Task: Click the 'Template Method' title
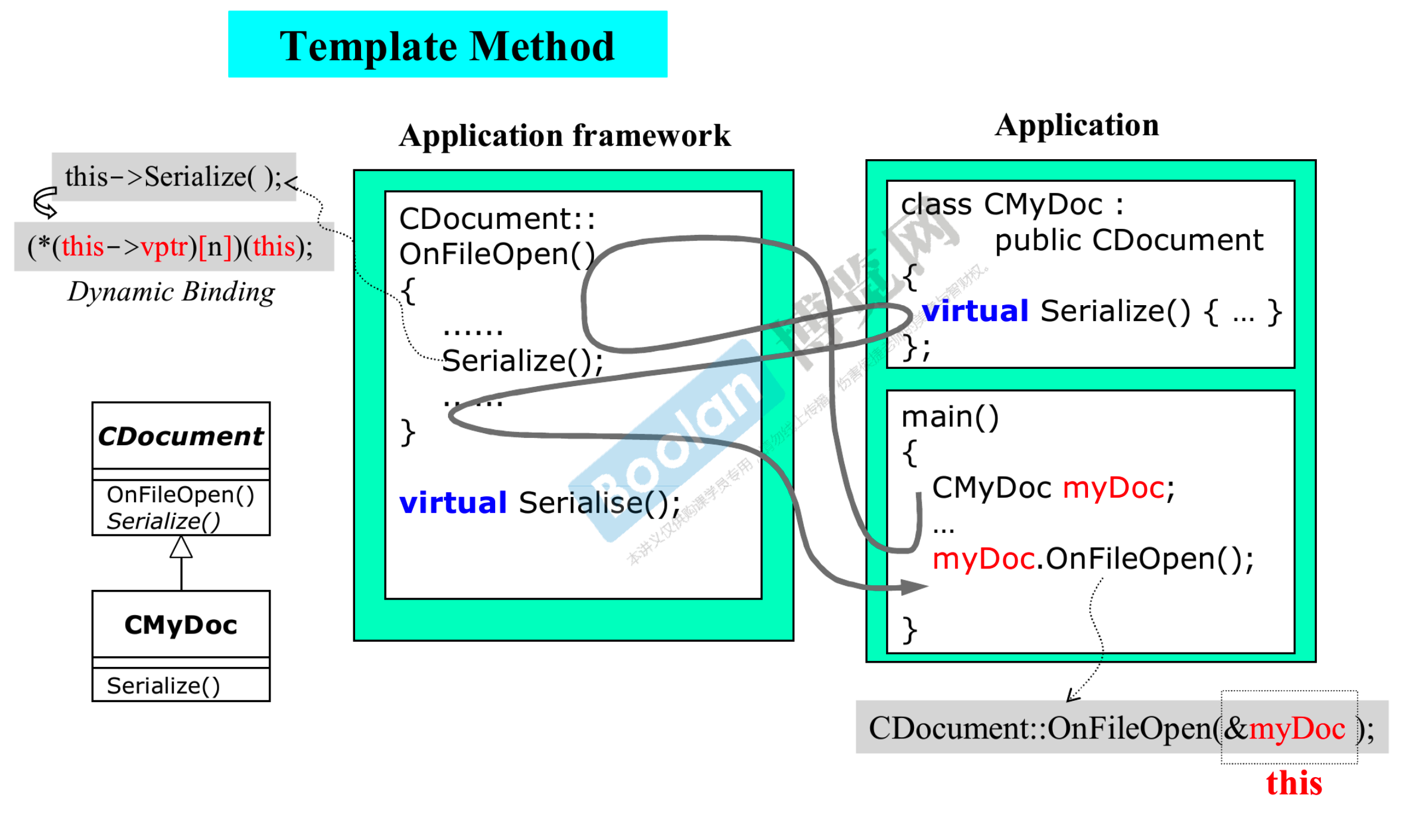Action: pos(447,46)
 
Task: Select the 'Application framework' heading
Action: pos(565,136)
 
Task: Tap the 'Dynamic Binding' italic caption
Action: pos(172,292)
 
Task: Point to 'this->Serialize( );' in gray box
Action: pos(173,177)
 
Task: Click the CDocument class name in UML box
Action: pos(181,436)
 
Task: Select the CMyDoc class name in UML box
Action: pos(181,625)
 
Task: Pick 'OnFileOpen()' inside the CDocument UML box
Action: pos(180,495)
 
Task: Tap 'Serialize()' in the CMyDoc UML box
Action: pos(163,686)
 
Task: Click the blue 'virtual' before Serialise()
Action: pos(453,502)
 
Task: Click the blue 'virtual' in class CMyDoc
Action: pos(975,311)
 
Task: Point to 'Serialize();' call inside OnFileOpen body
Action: pos(522,361)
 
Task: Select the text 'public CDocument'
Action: pos(1129,240)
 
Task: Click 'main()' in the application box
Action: pos(950,417)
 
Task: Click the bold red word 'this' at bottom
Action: pos(1294,783)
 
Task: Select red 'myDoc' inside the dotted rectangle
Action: pos(1297,729)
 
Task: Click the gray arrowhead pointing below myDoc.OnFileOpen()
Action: pos(914,587)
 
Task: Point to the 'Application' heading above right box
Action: pos(1077,125)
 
